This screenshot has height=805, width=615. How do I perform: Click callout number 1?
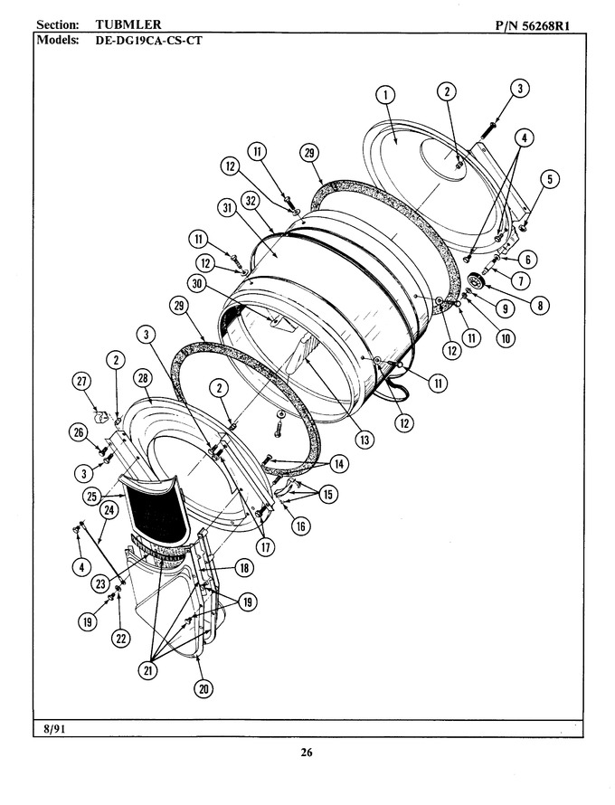385,95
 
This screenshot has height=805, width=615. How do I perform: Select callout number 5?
550,179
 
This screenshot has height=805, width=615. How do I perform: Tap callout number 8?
540,306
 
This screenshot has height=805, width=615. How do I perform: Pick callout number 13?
364,440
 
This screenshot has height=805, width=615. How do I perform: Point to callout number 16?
301,526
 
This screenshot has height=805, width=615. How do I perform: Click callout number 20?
203,689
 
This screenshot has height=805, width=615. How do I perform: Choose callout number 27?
81,382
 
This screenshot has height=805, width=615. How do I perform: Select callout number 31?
227,207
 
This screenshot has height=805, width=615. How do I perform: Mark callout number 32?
251,201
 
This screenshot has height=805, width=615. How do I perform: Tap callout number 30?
197,284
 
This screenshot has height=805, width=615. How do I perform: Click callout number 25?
92,497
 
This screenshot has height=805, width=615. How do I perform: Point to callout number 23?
101,583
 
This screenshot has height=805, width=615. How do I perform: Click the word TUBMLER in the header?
128,24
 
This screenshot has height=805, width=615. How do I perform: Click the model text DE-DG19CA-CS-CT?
149,40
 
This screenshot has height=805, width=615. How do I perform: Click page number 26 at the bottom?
307,753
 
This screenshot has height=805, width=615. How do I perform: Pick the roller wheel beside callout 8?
477,282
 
